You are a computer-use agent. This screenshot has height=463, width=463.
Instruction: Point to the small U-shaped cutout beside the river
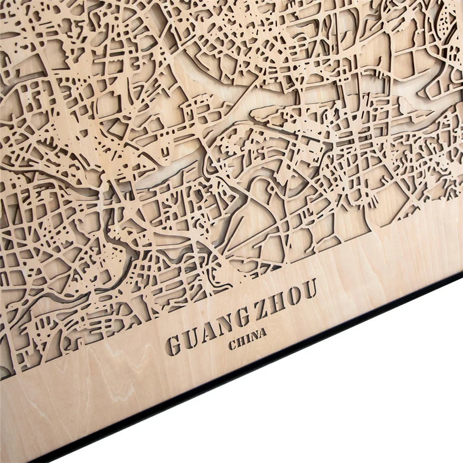pos(165,154)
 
